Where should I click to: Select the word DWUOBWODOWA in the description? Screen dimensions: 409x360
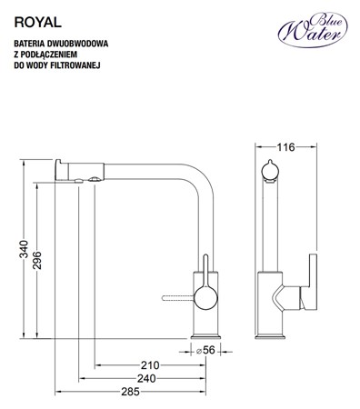[x=75, y=43]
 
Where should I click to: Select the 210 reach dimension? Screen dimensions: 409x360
[x=149, y=366]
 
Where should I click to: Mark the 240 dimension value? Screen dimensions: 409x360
[x=145, y=379]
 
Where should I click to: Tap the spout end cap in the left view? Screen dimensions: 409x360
[x=63, y=167]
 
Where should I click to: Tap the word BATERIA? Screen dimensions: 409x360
[x=28, y=43]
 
